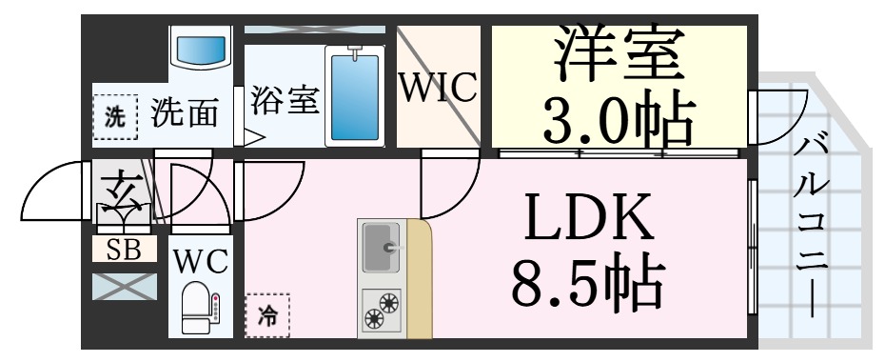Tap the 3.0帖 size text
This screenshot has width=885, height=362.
click(x=619, y=116)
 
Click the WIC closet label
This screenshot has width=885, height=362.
click(x=437, y=90)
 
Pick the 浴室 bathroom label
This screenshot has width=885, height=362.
click(x=284, y=100)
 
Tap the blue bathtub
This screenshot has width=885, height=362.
click(x=354, y=96)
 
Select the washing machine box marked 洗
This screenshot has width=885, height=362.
click(x=115, y=118)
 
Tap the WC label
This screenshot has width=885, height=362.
click(x=200, y=262)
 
